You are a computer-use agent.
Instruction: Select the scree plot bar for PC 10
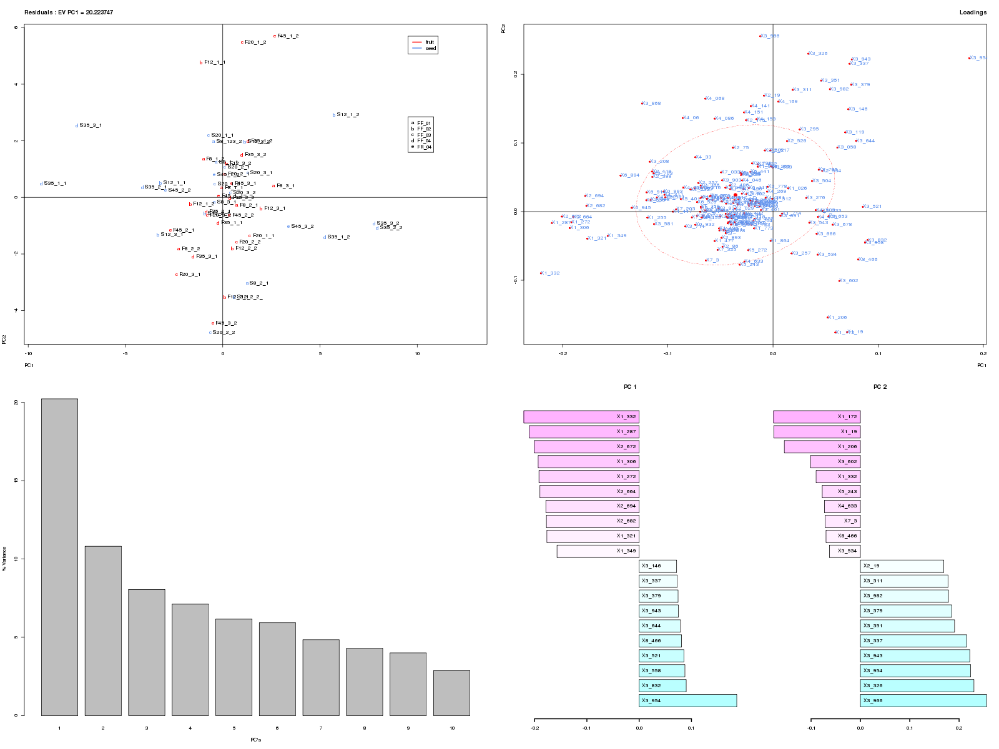pyautogui.click(x=451, y=693)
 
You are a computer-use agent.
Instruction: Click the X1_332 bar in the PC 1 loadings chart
pyautogui.click(x=581, y=417)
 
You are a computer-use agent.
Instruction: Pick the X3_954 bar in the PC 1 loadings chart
pyautogui.click(x=687, y=700)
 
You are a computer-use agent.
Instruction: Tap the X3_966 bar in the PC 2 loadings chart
pyautogui.click(x=923, y=700)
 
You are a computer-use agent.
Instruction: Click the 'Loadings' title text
pyautogui.click(x=973, y=12)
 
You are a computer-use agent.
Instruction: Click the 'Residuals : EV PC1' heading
pyautogui.click(x=69, y=12)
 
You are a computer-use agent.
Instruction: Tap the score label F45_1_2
pyautogui.click(x=288, y=36)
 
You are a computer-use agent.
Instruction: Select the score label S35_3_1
pyautogui.click(x=91, y=125)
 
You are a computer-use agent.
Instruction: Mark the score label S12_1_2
pyautogui.click(x=348, y=115)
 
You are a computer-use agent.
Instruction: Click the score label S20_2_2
pyautogui.click(x=224, y=333)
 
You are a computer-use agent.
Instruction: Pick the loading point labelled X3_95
pyautogui.click(x=977, y=58)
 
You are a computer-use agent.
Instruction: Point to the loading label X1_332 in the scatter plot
pyautogui.click(x=551, y=273)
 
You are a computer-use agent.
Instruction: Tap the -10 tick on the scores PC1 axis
pyautogui.click(x=27, y=353)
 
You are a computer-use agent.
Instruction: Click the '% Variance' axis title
pyautogui.click(x=4, y=559)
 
